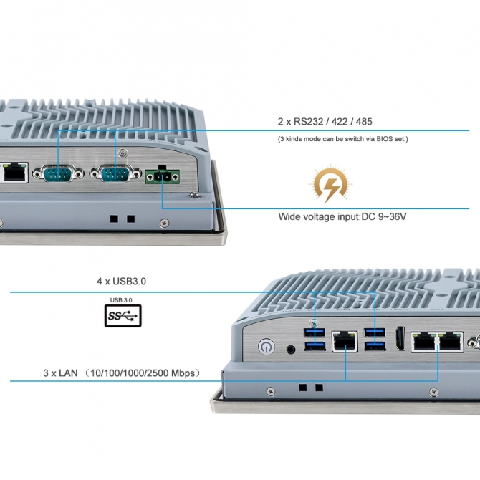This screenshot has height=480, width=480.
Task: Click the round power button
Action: pos(267,347)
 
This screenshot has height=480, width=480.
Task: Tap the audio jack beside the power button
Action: pos(291,349)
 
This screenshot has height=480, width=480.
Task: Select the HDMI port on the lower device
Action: pos(400,338)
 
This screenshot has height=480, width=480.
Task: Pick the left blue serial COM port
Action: pos(58,174)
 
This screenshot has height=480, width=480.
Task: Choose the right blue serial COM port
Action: pos(116,173)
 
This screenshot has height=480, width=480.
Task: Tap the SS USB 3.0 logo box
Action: pos(123,316)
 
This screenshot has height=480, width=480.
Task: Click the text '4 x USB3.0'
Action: pos(121,282)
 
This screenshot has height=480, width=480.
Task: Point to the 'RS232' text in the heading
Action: pos(308,122)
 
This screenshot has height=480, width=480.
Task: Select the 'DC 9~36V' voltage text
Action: pos(384,217)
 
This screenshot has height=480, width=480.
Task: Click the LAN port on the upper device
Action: pos(14,173)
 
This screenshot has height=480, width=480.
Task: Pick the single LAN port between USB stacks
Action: pos(345,342)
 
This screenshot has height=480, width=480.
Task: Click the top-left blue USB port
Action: pos(315,332)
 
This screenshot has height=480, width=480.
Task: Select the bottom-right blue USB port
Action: pos(375,346)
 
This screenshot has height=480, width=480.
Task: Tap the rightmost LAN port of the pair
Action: pos(451,342)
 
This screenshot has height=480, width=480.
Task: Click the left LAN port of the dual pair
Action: pos(424,342)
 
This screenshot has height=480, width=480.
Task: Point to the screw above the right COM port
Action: pos(123,153)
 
